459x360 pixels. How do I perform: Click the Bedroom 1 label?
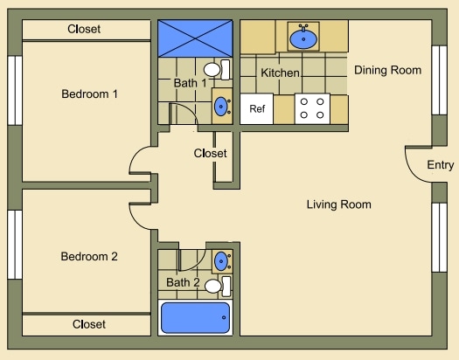point(89,93)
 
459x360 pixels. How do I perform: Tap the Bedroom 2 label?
point(89,257)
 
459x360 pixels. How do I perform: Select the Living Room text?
point(338,204)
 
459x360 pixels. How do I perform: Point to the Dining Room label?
point(387,70)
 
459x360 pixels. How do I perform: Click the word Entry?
point(440,166)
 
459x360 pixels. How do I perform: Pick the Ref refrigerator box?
point(257,109)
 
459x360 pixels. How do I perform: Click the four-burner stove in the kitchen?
point(312,108)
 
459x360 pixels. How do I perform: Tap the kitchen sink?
point(304,38)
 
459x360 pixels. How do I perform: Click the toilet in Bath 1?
point(215,69)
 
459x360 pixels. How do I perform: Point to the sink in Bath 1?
point(221,107)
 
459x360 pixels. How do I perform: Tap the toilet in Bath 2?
point(217,285)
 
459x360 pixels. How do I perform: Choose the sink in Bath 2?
point(222,260)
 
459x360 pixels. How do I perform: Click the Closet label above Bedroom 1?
point(84,29)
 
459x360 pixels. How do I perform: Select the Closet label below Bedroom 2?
point(89,324)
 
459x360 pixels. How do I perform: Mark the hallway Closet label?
point(210,154)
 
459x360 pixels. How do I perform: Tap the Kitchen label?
point(280,73)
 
